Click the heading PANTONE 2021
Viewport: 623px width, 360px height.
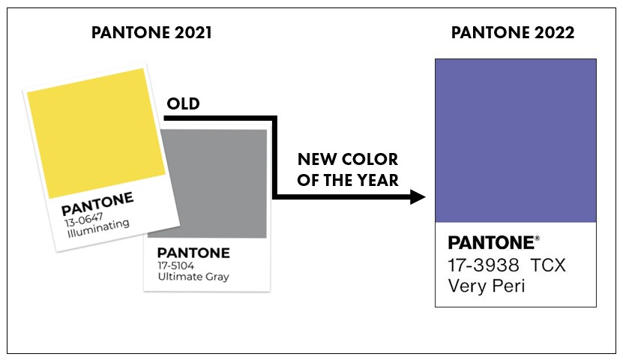(x=151, y=32)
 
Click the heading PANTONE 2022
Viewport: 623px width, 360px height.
(x=513, y=32)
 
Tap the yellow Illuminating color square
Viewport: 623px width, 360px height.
(x=96, y=133)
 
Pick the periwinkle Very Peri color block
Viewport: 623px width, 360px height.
(x=516, y=141)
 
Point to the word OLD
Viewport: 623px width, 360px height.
(x=183, y=103)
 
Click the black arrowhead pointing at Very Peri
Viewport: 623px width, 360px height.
(x=418, y=196)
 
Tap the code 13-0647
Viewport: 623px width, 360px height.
(x=84, y=219)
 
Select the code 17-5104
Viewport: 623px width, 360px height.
(x=175, y=265)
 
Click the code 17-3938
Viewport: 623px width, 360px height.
(x=483, y=265)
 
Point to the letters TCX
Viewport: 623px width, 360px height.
(x=548, y=265)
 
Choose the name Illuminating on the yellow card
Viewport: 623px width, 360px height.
(x=98, y=229)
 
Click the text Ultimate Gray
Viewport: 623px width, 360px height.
(x=193, y=277)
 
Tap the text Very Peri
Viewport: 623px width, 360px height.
(x=487, y=286)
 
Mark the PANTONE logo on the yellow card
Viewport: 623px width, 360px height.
(x=97, y=203)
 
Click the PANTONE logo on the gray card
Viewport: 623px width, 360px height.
(x=193, y=253)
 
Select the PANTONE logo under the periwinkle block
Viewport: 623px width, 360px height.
(x=491, y=243)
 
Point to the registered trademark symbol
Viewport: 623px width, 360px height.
(x=538, y=238)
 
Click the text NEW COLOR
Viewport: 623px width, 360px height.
(x=348, y=159)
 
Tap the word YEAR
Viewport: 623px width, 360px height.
(x=377, y=181)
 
